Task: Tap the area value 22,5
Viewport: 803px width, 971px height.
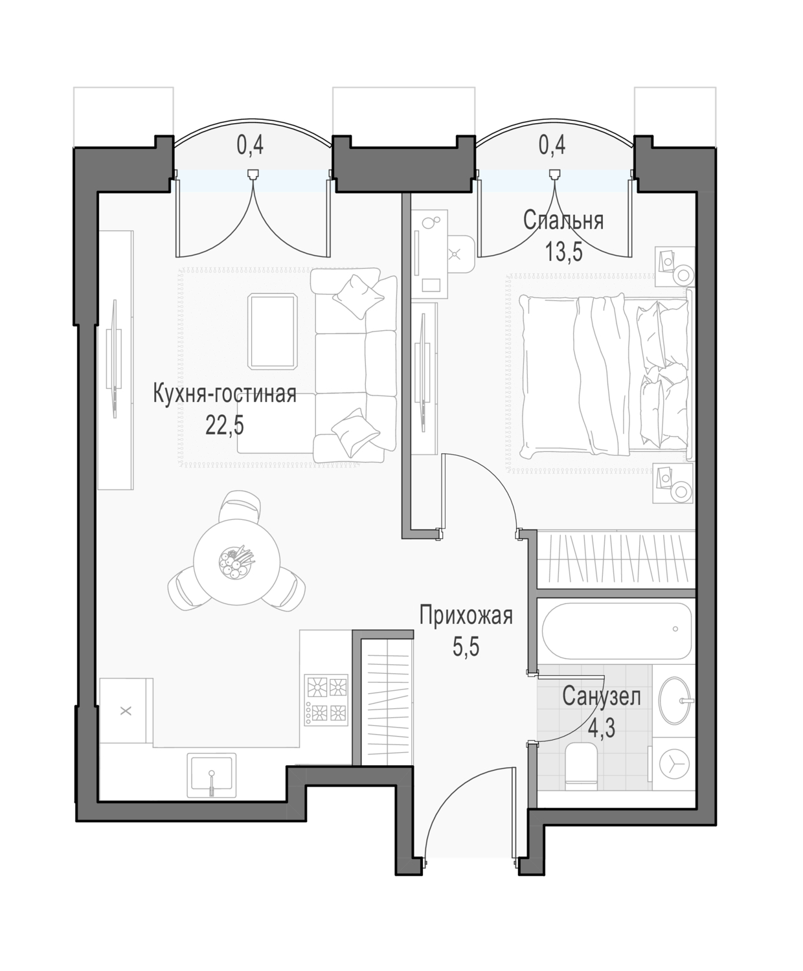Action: (x=225, y=425)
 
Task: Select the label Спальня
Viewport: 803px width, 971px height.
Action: (x=563, y=221)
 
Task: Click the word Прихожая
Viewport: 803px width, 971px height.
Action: (x=466, y=616)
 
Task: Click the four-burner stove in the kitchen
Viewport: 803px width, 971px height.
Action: (x=326, y=700)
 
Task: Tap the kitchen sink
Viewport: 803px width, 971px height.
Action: (x=211, y=776)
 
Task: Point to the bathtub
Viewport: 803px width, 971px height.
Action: (x=617, y=631)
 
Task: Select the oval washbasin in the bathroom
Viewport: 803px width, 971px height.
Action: (x=677, y=700)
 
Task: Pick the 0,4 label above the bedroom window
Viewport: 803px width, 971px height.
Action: (x=552, y=146)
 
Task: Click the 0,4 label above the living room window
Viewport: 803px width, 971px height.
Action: (x=251, y=146)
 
